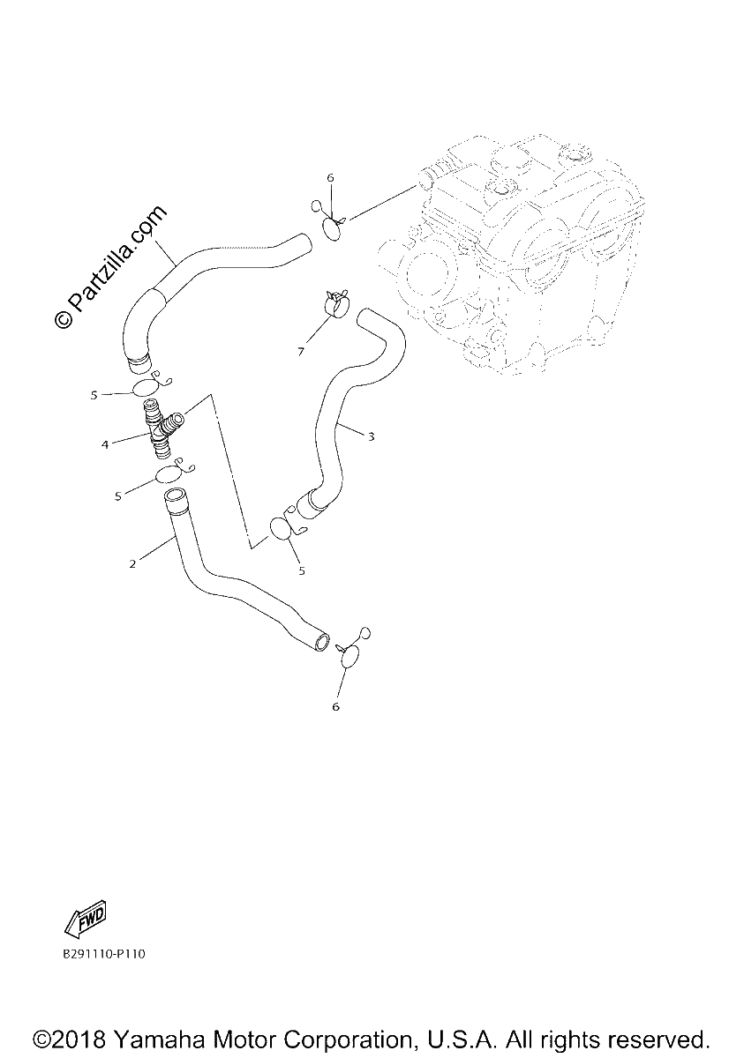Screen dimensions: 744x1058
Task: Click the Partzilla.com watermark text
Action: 110,267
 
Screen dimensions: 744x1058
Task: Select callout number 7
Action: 301,352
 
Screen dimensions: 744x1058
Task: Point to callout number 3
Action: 371,437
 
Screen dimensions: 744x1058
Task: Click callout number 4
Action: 105,444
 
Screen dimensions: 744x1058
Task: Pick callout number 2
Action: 132,563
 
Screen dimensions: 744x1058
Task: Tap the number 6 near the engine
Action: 330,177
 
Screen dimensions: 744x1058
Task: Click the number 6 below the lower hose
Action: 336,706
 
